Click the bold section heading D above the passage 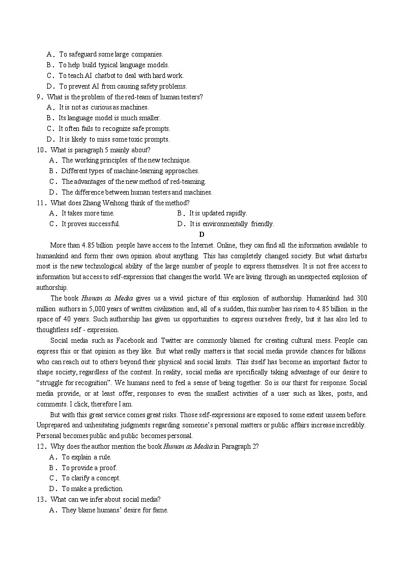(201, 234)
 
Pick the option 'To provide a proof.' (89, 468)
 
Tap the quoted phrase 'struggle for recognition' (71, 383)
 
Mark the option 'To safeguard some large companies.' (111, 54)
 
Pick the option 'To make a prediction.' (93, 488)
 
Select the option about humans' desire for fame (114, 510)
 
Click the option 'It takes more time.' (88, 213)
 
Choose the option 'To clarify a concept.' (91, 478)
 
